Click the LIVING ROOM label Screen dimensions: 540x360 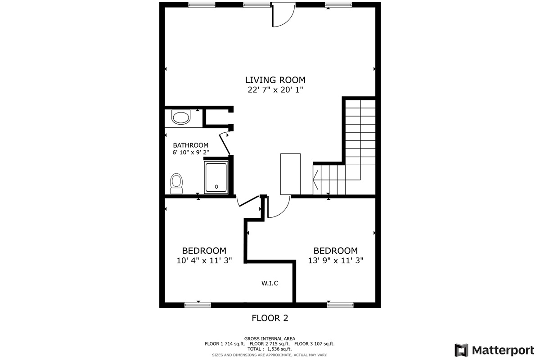275,80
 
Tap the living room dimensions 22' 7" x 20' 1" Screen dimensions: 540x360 275,90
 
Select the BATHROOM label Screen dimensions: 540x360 191,145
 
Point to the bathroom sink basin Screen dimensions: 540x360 181,117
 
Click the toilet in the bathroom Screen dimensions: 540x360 176,184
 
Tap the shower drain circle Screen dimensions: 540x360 216,187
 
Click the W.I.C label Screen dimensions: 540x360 270,283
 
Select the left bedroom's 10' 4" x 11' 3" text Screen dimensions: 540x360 204,261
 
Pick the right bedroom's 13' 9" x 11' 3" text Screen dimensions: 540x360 336,261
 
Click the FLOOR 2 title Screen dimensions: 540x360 270,318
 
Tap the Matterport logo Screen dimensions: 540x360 494,351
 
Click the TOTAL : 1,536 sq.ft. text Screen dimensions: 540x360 270,349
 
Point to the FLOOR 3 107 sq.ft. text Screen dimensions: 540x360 315,344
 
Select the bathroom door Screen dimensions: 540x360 225,144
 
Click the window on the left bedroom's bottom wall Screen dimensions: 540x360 198,305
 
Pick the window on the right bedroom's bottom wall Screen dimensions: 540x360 340,305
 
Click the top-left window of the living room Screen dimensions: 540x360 202,5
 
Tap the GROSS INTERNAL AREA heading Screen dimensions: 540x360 270,339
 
